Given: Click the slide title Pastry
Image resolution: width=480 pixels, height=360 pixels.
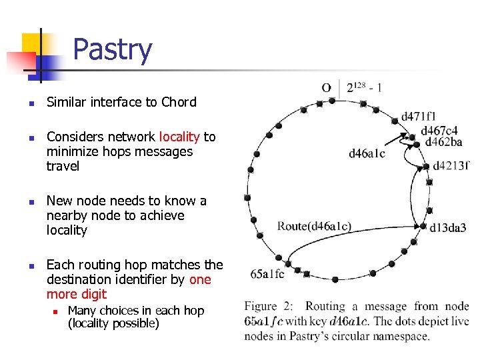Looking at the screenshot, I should click(112, 50).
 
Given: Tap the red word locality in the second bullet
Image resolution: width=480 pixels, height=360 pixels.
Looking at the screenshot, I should click(179, 137).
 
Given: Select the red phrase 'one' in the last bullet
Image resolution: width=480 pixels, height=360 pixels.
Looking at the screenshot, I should click(200, 279).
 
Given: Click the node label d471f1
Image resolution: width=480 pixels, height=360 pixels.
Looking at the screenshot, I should click(419, 117).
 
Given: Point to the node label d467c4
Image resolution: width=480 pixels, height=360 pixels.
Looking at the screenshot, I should click(439, 131).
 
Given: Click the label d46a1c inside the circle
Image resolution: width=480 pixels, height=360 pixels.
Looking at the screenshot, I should click(367, 154).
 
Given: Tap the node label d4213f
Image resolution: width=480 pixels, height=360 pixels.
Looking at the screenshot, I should click(451, 165).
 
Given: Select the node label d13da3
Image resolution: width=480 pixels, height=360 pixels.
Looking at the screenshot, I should click(448, 228).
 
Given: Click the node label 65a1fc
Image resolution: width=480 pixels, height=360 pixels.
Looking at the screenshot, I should click(267, 273).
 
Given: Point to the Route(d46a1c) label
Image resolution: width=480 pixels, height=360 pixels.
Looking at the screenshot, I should click(314, 226).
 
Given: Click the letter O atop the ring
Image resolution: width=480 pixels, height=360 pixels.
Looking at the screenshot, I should click(326, 87).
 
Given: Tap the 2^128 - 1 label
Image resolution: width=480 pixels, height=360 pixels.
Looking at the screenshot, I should click(364, 87).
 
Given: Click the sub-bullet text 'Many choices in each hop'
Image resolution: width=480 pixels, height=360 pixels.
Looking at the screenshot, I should click(136, 311).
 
